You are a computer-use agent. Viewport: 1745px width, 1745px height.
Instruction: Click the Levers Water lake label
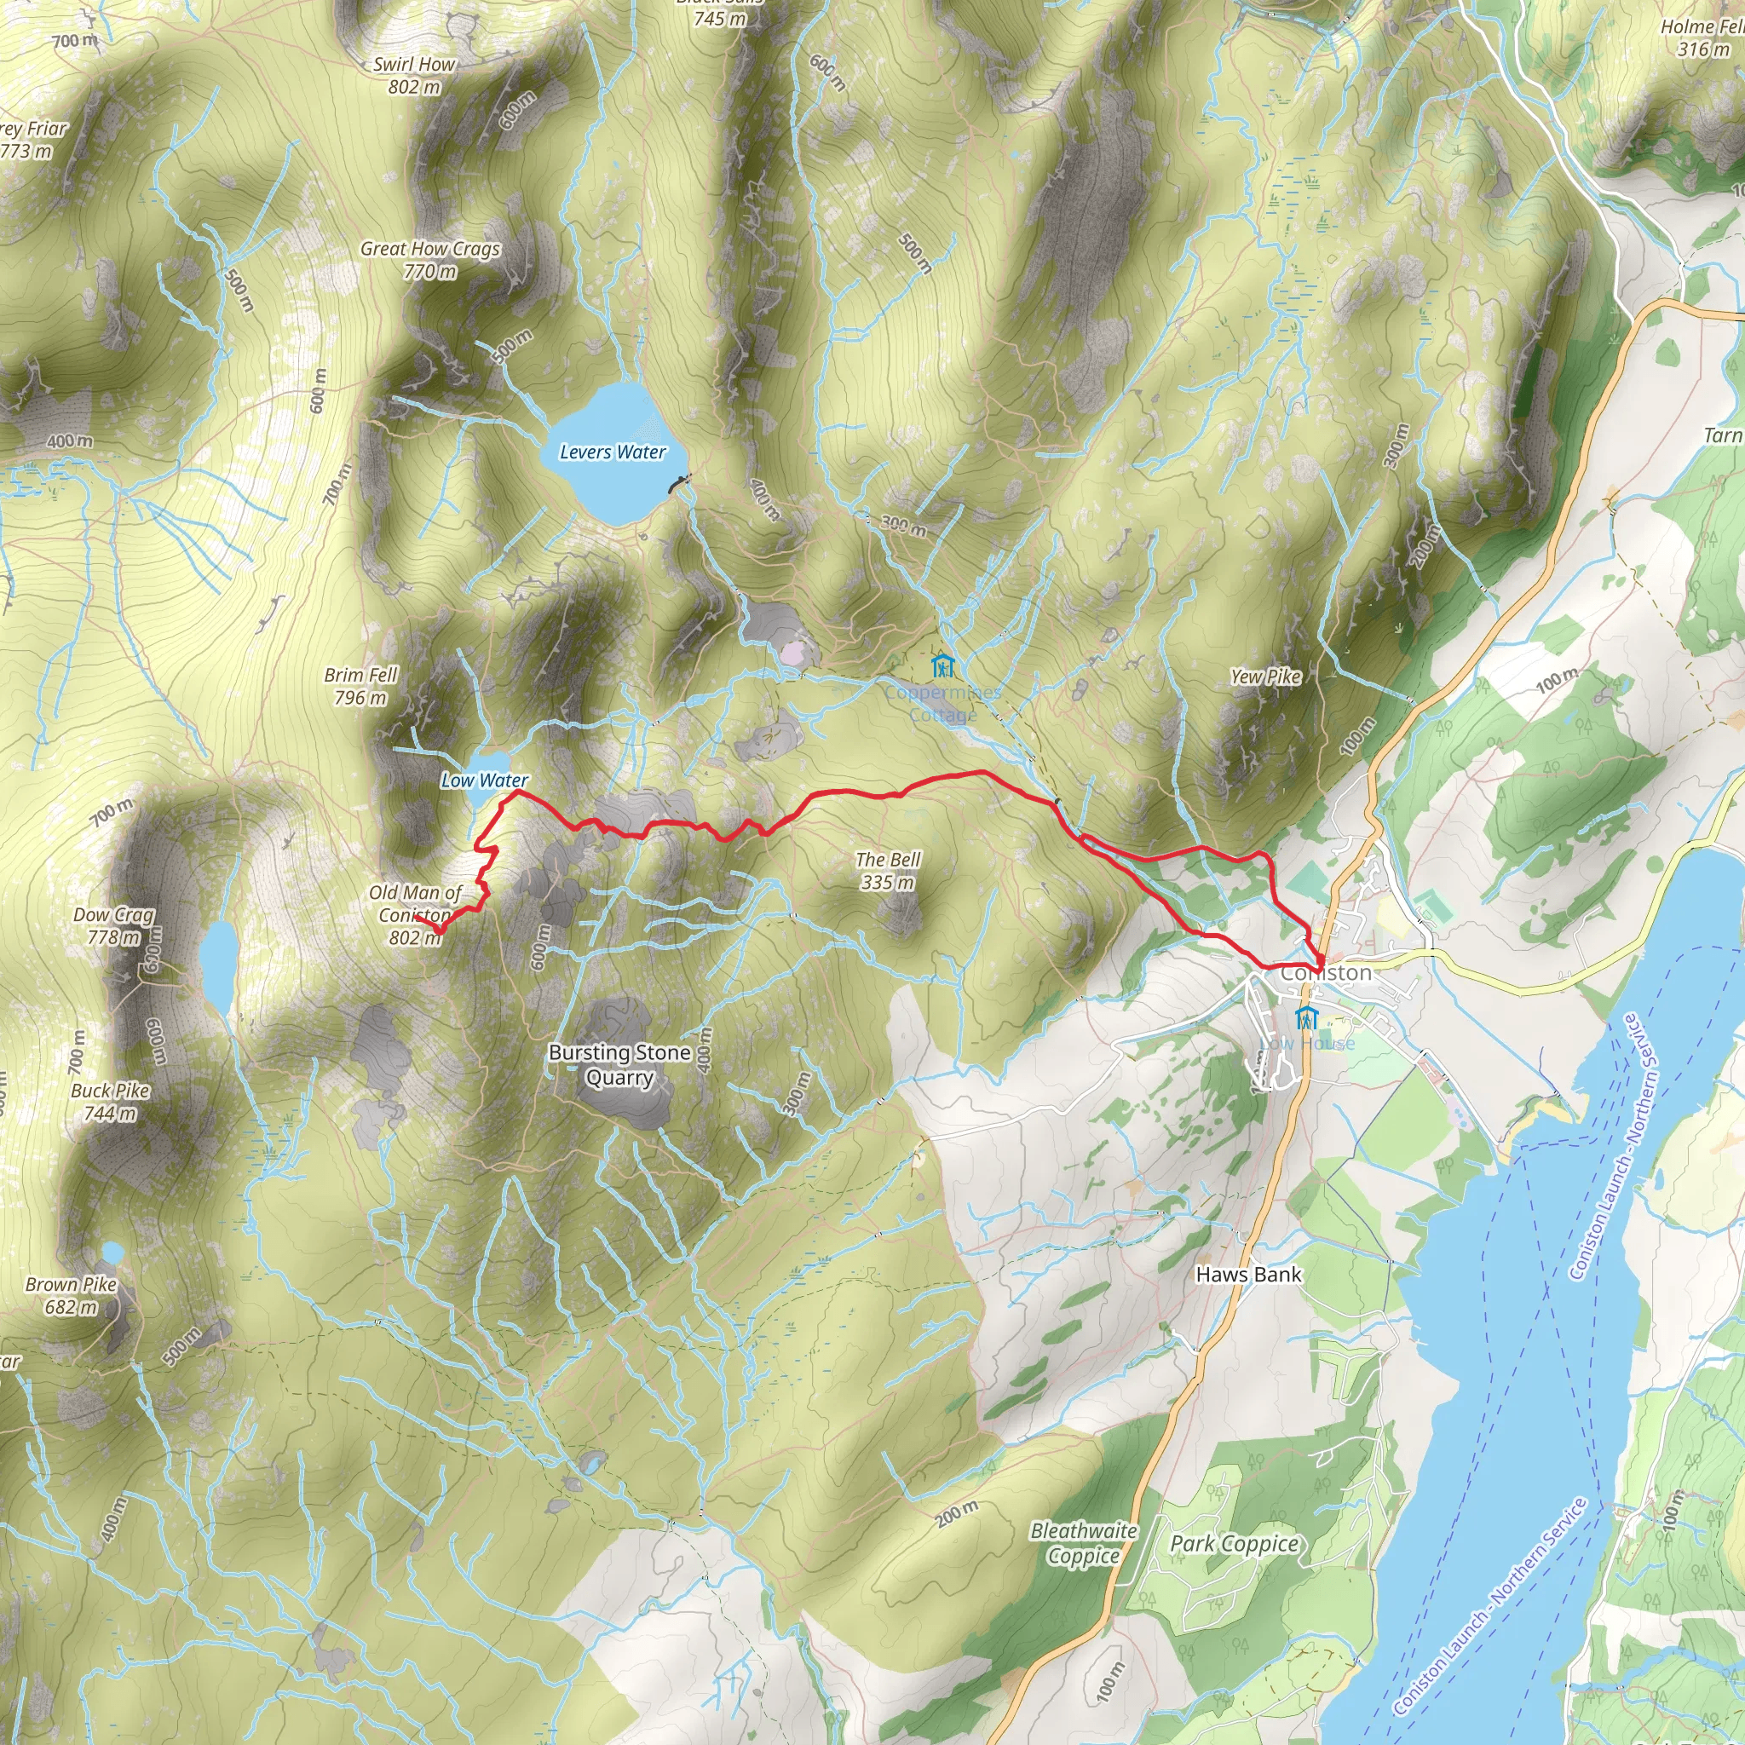pyautogui.click(x=613, y=452)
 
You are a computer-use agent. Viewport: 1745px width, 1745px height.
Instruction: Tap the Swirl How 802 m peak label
pyautogui.click(x=415, y=76)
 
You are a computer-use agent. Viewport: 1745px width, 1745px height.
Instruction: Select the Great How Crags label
pyautogui.click(x=430, y=259)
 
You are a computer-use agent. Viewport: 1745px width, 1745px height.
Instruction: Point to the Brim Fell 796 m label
pyautogui.click(x=360, y=687)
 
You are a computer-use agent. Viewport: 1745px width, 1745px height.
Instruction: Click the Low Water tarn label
pyautogui.click(x=484, y=780)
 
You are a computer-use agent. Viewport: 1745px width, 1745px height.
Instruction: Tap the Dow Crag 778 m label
pyautogui.click(x=114, y=926)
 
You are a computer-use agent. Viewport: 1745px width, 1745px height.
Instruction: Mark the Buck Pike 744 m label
pyautogui.click(x=110, y=1102)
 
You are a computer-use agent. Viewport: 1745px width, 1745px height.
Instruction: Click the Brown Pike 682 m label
pyautogui.click(x=72, y=1295)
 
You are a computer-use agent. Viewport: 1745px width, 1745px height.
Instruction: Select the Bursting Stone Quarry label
pyautogui.click(x=619, y=1065)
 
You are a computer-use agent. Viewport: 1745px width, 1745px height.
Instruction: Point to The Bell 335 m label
pyautogui.click(x=888, y=871)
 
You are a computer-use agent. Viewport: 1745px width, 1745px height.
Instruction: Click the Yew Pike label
pyautogui.click(x=1265, y=677)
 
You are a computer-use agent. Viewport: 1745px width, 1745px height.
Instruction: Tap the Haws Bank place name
pyautogui.click(x=1248, y=1275)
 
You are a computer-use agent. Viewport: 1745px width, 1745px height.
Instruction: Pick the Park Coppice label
pyautogui.click(x=1234, y=1545)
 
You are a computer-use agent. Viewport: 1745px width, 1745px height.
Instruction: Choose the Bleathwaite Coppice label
pyautogui.click(x=1084, y=1543)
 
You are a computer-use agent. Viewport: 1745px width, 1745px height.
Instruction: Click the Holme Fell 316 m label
pyautogui.click(x=1702, y=38)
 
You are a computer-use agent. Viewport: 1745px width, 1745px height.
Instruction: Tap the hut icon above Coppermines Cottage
pyautogui.click(x=942, y=666)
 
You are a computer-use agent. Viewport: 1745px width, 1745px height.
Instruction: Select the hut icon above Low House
pyautogui.click(x=1305, y=1018)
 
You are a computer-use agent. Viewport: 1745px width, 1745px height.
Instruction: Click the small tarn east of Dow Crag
pyautogui.click(x=217, y=966)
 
